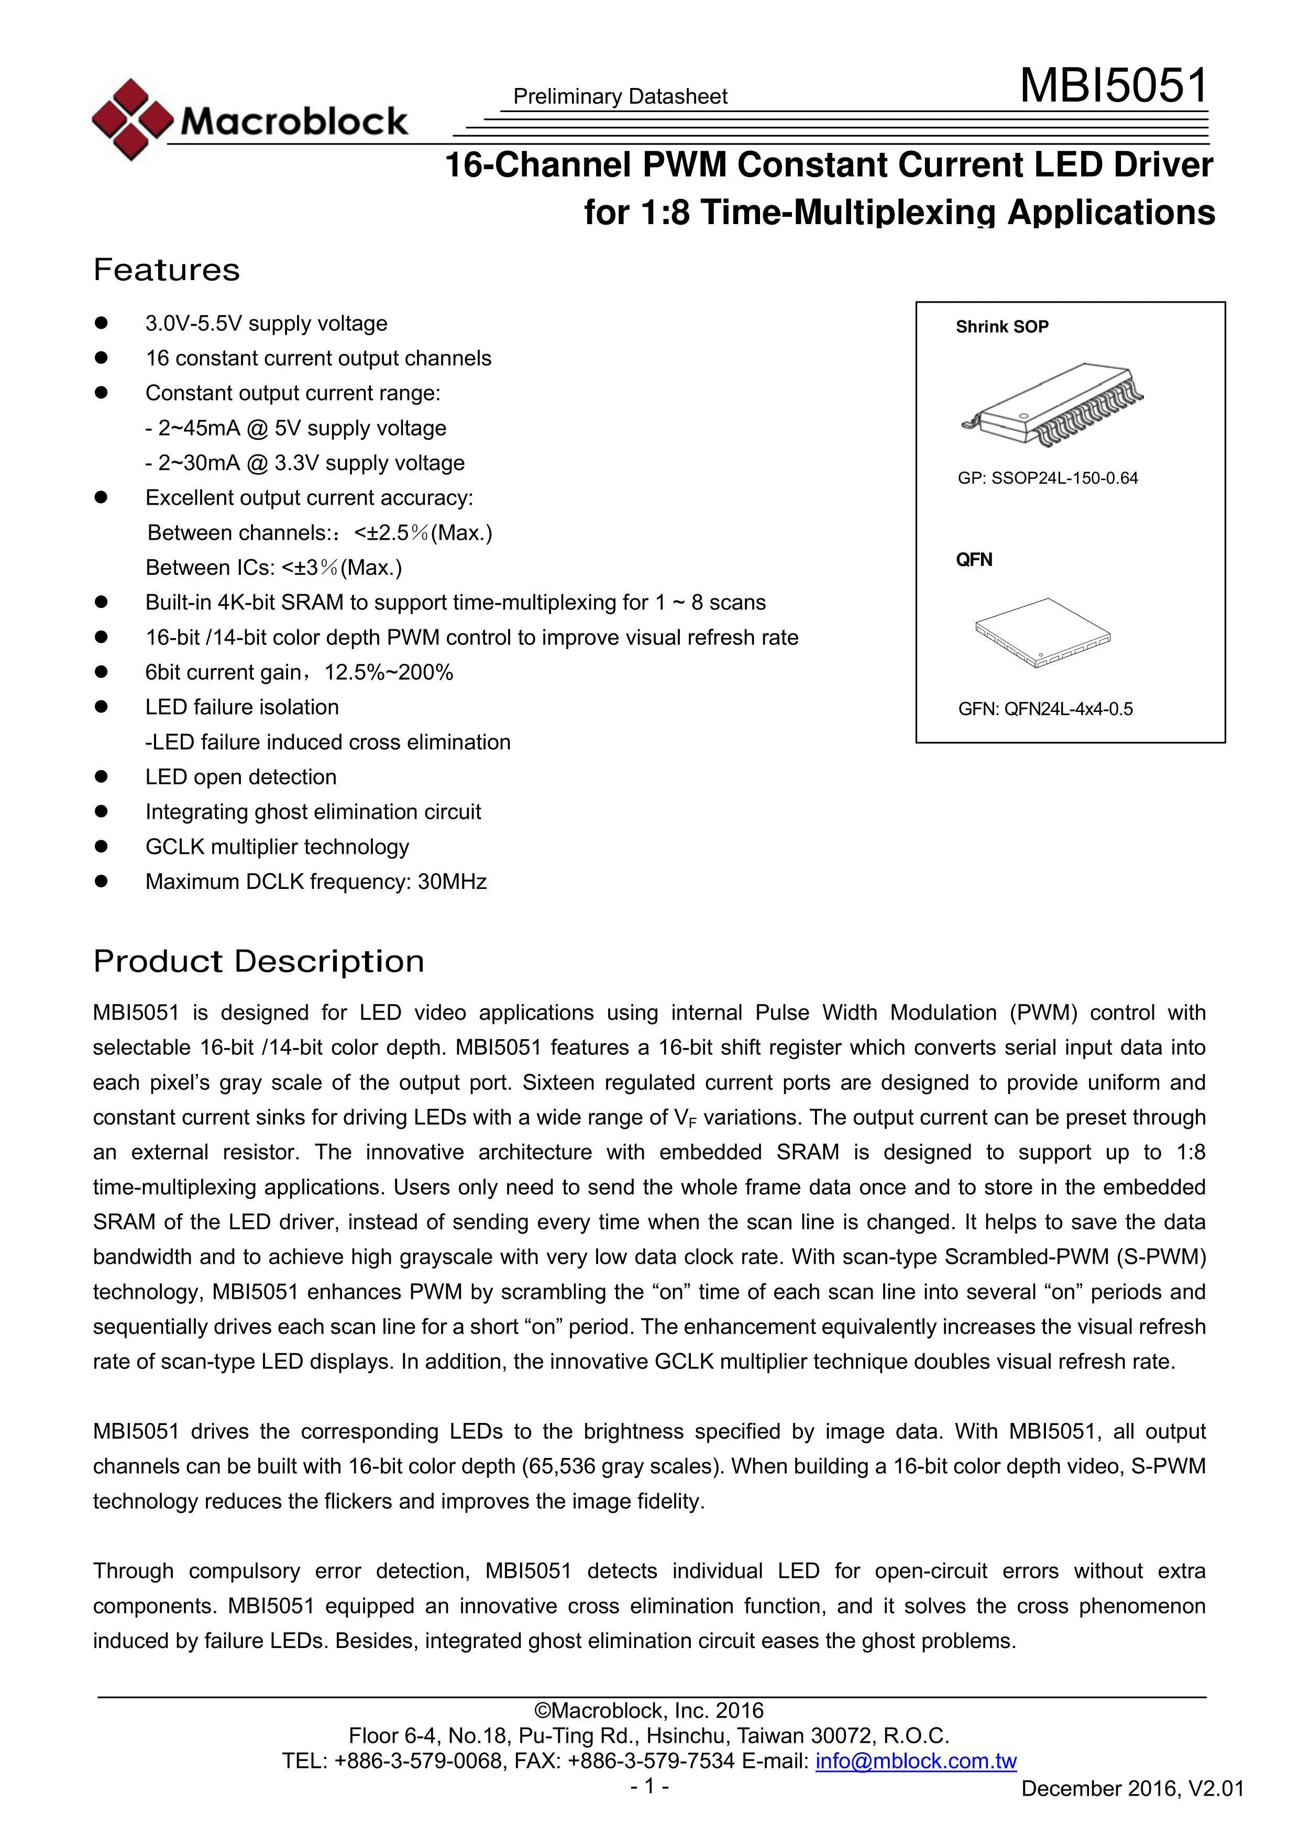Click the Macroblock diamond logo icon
coord(132,119)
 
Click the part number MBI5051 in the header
coord(1113,86)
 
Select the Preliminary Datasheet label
coord(620,97)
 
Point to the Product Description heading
coord(259,962)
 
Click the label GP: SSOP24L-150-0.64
coord(1047,478)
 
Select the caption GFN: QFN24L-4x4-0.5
coord(1045,709)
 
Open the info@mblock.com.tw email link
coord(916,1761)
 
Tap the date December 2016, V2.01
coord(1132,1789)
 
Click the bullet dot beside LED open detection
coord(101,777)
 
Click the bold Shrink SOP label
coord(1001,327)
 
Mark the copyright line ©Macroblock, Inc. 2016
coord(648,1711)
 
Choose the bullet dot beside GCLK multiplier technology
coord(101,847)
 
